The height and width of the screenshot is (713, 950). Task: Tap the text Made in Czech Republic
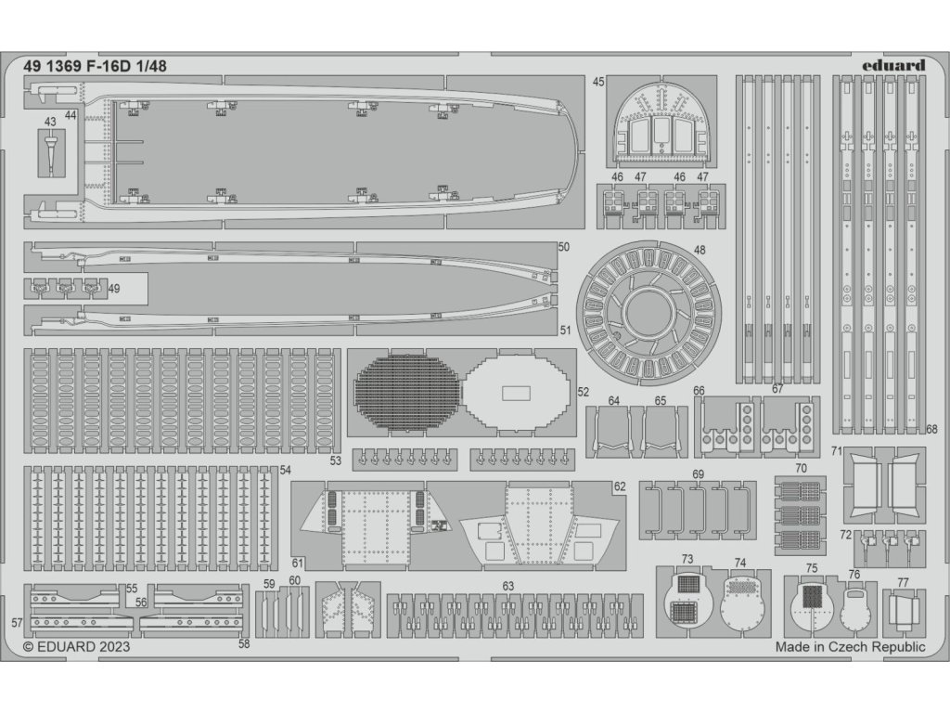pyautogui.click(x=851, y=647)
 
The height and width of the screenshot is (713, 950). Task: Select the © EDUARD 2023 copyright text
pyautogui.click(x=76, y=647)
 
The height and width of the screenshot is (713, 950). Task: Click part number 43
pyautogui.click(x=49, y=122)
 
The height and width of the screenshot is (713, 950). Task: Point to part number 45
pyautogui.click(x=598, y=82)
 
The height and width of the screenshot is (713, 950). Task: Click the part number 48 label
pyautogui.click(x=699, y=250)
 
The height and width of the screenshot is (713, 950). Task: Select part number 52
pyautogui.click(x=583, y=393)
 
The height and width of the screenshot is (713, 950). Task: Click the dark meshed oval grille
pyautogui.click(x=407, y=392)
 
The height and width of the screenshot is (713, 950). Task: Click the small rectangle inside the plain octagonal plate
pyautogui.click(x=516, y=393)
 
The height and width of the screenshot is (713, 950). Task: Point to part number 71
pyautogui.click(x=836, y=452)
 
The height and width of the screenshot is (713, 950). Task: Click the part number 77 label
pyautogui.click(x=903, y=583)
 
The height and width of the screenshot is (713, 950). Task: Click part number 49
pyautogui.click(x=113, y=289)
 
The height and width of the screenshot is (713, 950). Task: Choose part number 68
pyautogui.click(x=931, y=430)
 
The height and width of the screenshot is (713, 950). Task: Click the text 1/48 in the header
pyautogui.click(x=150, y=66)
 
